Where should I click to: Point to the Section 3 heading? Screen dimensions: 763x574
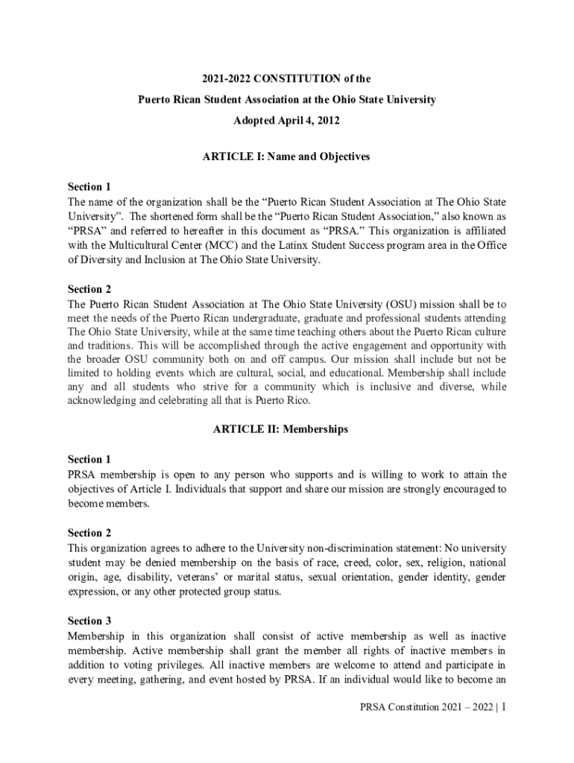(x=89, y=621)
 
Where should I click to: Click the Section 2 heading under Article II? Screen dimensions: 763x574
(x=89, y=533)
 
